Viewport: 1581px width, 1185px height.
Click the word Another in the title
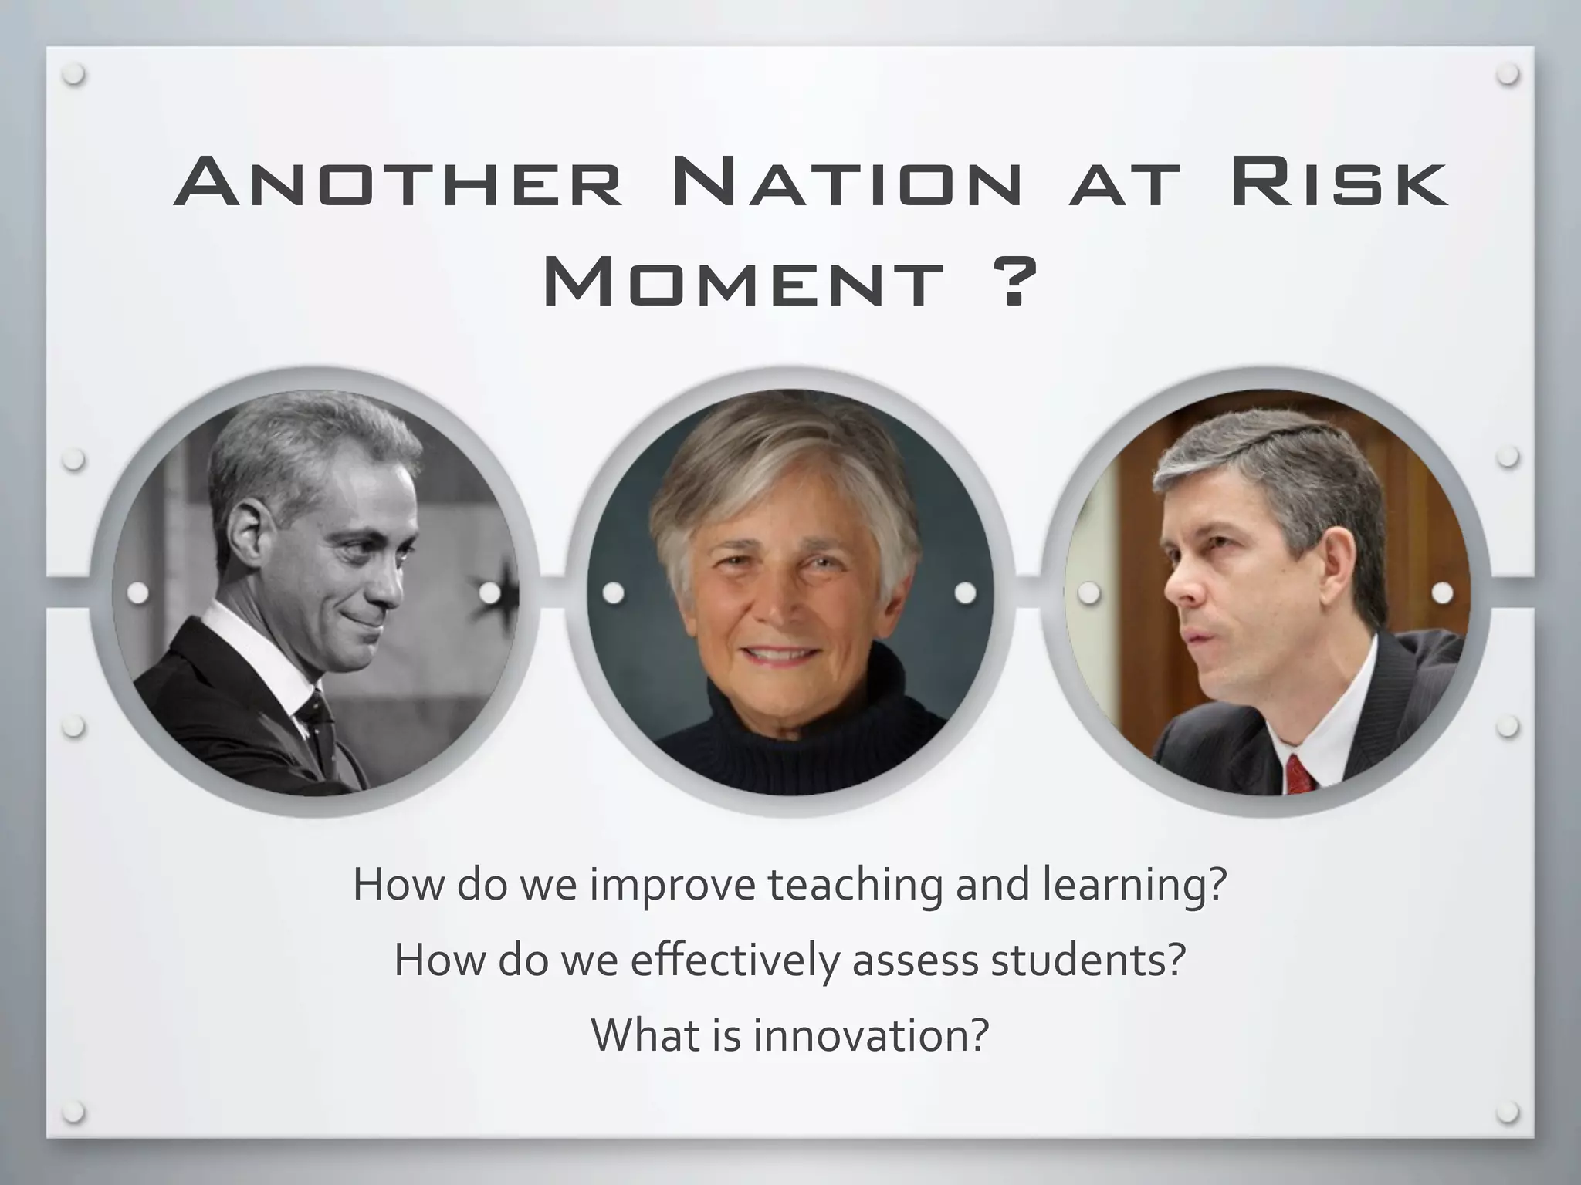(x=398, y=184)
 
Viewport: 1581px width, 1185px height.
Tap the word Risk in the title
(x=1339, y=184)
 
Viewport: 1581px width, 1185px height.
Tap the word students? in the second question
(x=1088, y=960)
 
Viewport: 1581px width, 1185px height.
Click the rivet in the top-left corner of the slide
(x=74, y=75)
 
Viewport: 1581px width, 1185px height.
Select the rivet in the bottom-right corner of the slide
(x=1507, y=1112)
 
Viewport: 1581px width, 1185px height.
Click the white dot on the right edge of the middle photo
(x=965, y=593)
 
